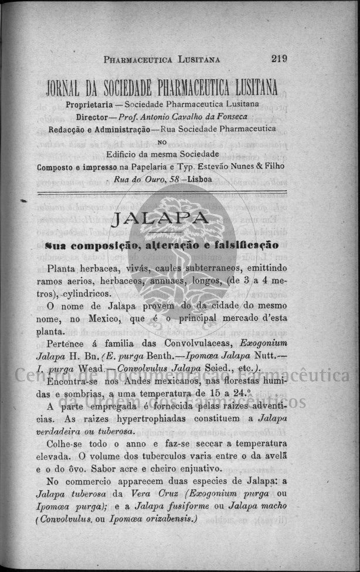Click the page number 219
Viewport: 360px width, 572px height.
pyautogui.click(x=279, y=58)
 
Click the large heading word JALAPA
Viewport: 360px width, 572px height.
pyautogui.click(x=159, y=219)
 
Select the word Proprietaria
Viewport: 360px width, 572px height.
pyautogui.click(x=89, y=104)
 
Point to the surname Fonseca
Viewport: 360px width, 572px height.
pyautogui.click(x=240, y=117)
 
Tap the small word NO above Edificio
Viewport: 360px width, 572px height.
pyautogui.click(x=162, y=141)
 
